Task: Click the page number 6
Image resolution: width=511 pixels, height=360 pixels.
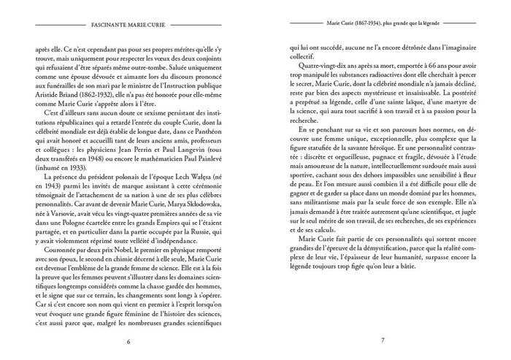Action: (x=128, y=340)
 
